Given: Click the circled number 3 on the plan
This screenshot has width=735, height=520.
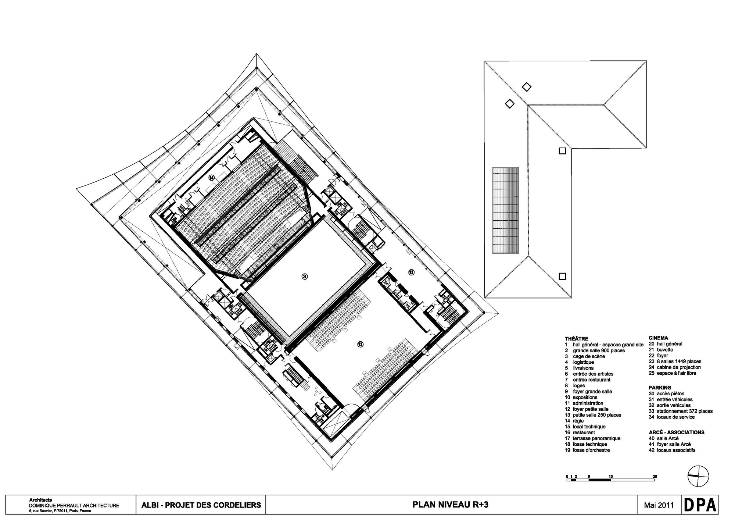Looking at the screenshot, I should coord(304,276).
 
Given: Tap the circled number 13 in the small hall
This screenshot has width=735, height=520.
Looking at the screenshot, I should coord(360,344).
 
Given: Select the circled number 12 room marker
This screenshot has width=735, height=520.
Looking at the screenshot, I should coord(411,272).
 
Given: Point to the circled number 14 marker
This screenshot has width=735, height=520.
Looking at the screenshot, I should coord(211,178).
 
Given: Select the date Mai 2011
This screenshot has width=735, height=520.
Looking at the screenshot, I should coord(659,505).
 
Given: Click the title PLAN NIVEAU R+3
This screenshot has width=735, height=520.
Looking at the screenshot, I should coord(451,505).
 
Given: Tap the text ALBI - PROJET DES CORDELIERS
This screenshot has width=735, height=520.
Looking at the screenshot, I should coord(201,505).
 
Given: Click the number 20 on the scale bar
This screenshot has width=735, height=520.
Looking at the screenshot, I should coord(655,477).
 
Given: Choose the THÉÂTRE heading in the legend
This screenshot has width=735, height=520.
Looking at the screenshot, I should coord(576,339).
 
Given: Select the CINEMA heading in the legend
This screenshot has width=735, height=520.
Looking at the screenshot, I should coord(658,338).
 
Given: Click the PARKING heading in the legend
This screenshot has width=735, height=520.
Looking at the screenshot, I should coord(660,388).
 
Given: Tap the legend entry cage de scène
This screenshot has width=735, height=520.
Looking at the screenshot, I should coord(589,356).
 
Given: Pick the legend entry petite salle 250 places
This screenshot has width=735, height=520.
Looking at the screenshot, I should coord(596,415).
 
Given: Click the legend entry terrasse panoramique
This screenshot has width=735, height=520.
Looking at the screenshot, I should coord(596,438).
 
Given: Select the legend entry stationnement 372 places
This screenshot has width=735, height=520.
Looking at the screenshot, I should coord(684,411).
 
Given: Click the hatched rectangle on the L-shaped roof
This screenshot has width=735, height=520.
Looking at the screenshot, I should coord(506,210).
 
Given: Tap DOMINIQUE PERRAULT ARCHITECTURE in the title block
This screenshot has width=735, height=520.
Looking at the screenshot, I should coord(74,506).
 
